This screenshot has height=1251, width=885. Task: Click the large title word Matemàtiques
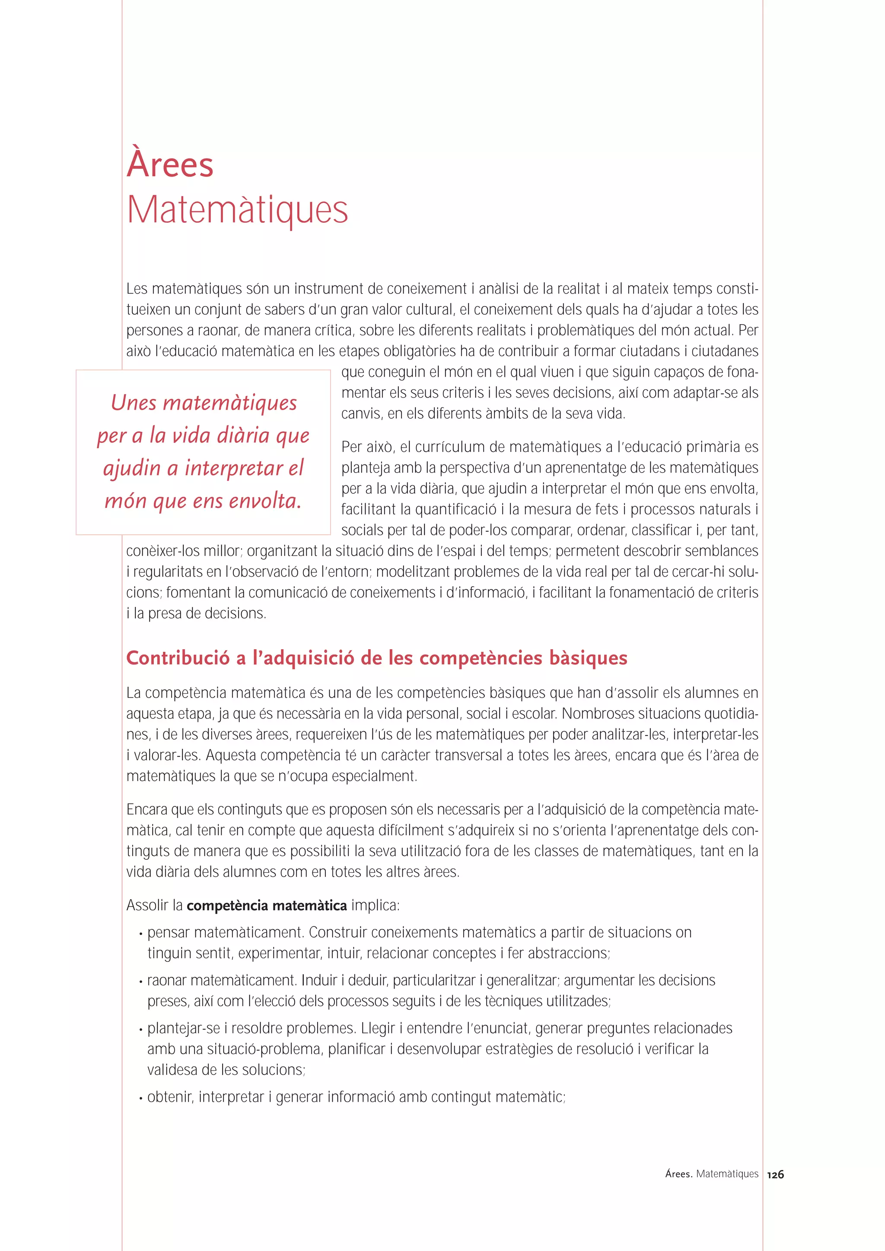coord(237,210)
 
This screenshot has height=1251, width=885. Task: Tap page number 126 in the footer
coord(775,1175)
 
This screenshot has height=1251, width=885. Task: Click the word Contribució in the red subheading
coord(178,658)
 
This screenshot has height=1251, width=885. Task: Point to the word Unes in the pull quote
coord(134,403)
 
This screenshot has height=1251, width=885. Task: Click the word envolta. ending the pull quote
coord(264,500)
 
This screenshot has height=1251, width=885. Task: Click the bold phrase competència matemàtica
coord(267,906)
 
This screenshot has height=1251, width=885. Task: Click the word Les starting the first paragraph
coord(137,289)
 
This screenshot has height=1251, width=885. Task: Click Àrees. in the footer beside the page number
coord(678,1174)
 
